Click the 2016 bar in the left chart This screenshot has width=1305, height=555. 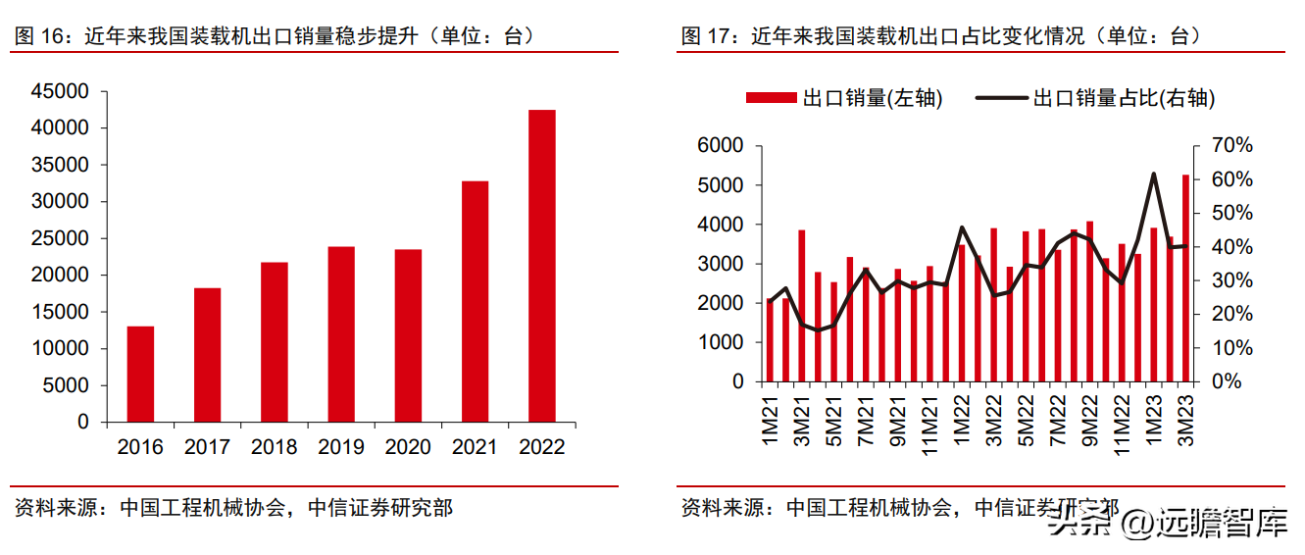point(140,374)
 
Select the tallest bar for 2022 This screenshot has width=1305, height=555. point(541,266)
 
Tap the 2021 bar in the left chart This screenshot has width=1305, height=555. point(475,301)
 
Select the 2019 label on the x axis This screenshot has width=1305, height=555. point(341,447)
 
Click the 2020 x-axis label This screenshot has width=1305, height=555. point(408,447)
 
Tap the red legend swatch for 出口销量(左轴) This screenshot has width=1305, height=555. point(772,98)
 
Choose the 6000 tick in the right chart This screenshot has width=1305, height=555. point(724,146)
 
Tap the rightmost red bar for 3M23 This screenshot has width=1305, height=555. point(1185,278)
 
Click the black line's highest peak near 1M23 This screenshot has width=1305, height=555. point(1154,175)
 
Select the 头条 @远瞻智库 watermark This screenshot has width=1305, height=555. point(1167,524)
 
